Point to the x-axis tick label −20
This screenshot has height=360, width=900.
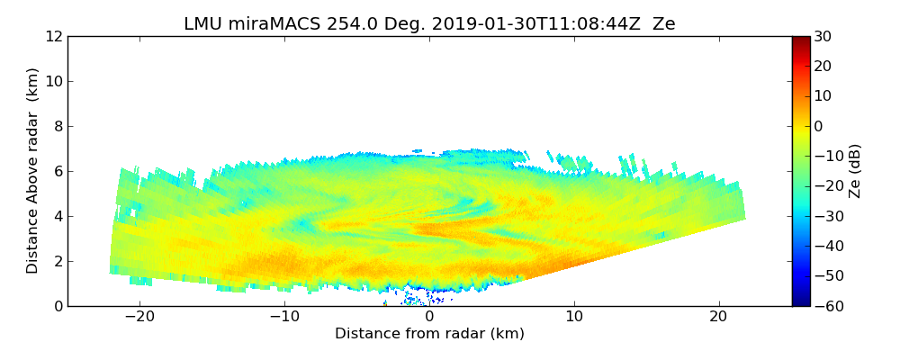click(x=139, y=317)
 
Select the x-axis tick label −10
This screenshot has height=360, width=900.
click(x=284, y=317)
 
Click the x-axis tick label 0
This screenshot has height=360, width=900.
click(x=429, y=317)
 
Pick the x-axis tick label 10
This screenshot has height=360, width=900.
click(x=574, y=317)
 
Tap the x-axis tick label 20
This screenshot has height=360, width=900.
click(x=718, y=317)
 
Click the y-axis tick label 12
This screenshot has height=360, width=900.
click(x=53, y=37)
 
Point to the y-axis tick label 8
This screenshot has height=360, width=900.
click(x=57, y=127)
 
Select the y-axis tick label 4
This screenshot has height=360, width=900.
click(x=57, y=217)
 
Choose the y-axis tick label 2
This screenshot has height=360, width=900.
click(x=57, y=262)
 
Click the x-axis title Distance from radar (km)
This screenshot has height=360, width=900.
click(x=429, y=334)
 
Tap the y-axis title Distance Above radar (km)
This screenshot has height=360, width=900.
click(x=33, y=170)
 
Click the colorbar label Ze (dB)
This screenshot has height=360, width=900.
click(x=855, y=170)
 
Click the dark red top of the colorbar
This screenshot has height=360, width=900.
click(x=801, y=40)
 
